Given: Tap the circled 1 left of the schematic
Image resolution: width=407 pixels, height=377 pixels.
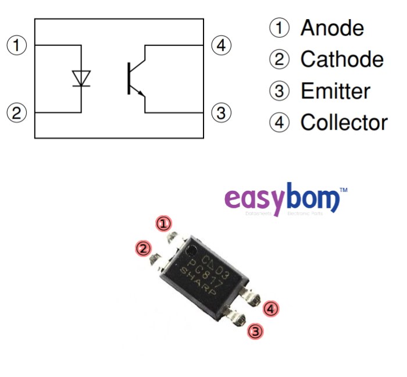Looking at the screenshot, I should [17, 45].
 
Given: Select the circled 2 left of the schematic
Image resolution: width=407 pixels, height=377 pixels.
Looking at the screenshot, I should [17, 112].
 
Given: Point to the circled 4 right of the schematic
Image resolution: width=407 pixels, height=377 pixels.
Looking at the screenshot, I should [220, 45].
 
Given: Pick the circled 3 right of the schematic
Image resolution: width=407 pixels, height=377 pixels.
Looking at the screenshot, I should [220, 112].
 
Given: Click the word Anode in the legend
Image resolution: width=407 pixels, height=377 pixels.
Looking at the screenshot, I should [332, 28].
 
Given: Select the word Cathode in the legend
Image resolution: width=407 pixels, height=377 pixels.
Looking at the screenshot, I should [342, 59].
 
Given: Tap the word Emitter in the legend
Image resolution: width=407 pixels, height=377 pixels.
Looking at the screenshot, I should [335, 91].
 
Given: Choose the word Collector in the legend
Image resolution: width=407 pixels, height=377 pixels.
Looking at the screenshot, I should [344, 122].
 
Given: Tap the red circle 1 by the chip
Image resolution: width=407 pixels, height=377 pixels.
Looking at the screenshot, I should [165, 223].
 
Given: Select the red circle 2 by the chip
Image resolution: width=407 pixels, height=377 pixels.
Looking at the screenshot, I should [142, 248].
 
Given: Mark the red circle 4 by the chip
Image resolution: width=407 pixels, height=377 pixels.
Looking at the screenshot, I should [270, 308].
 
